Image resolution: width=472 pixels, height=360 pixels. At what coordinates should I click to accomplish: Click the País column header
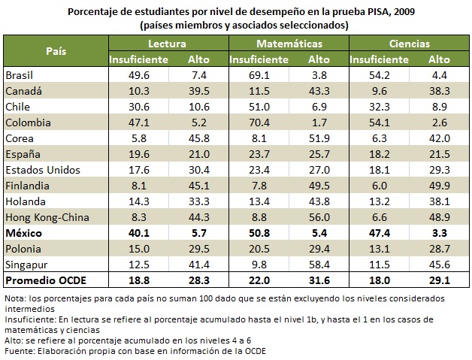point(55,51)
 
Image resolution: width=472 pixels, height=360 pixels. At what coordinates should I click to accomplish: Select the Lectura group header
point(168,44)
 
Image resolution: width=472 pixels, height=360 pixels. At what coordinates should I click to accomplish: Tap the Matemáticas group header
point(289,44)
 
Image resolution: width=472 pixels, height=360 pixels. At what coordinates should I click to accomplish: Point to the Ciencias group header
point(410,44)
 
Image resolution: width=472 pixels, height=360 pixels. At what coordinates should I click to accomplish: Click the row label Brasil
point(20,75)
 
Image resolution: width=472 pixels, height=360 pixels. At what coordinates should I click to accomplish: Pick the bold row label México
point(24,234)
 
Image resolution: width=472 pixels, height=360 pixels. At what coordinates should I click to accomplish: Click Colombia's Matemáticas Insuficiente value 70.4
point(259,123)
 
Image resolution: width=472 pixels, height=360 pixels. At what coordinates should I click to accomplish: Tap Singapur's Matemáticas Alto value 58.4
point(319,265)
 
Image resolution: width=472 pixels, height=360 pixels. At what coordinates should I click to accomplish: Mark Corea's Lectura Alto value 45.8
point(198,138)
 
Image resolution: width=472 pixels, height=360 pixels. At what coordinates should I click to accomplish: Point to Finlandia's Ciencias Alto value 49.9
point(440,186)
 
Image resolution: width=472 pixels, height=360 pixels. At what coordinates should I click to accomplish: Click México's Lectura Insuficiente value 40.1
point(138,234)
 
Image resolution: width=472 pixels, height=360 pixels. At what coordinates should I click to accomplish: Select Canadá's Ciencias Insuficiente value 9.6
point(380,91)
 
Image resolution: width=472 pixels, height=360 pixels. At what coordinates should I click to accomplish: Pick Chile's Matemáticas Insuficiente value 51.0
point(259,107)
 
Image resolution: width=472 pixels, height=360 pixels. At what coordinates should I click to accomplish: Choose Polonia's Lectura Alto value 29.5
point(198,250)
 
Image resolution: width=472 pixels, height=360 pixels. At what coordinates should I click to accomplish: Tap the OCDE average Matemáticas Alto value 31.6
point(319,281)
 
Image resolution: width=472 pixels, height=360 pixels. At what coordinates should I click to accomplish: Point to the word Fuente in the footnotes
point(18,350)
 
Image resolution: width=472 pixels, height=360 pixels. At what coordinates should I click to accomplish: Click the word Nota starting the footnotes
point(14,298)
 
